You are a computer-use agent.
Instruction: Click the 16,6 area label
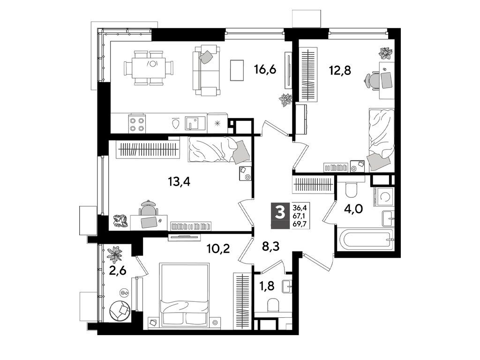pyautogui.click(x=265, y=70)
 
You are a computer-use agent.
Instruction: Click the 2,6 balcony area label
pyautogui.click(x=117, y=271)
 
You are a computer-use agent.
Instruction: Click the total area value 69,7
pyautogui.click(x=300, y=224)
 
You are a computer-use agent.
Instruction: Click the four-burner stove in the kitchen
pyautogui.click(x=136, y=124)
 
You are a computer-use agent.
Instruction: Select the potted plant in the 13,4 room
pyautogui.click(x=121, y=220)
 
